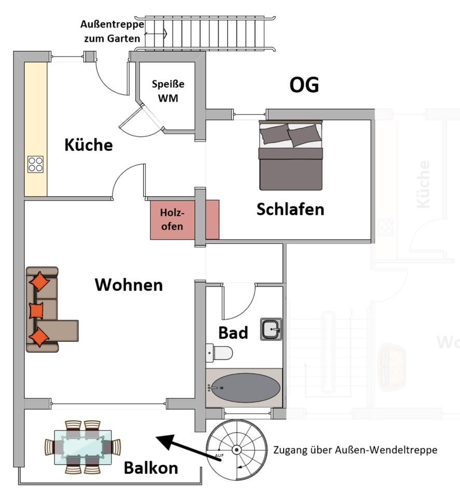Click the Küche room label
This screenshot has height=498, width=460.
(88, 145)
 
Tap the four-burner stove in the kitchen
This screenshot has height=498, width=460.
(36, 164)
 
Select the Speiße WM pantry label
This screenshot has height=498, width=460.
(168, 90)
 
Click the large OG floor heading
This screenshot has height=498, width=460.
(304, 85)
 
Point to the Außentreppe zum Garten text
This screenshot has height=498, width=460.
(112, 31)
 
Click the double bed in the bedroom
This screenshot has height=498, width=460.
(290, 155)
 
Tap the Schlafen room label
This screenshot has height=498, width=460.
(290, 209)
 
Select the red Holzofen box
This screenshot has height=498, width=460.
(184, 219)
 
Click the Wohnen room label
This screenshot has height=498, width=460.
(129, 284)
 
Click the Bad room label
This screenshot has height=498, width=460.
(233, 333)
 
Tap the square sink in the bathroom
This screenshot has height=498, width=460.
(271, 329)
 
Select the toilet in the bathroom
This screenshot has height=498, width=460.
(219, 353)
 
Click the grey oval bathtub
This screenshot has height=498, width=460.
(244, 388)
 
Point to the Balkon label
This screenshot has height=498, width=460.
(150, 468)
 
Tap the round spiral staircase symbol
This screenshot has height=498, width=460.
(236, 449)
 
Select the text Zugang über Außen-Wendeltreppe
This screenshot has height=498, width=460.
(355, 450)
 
